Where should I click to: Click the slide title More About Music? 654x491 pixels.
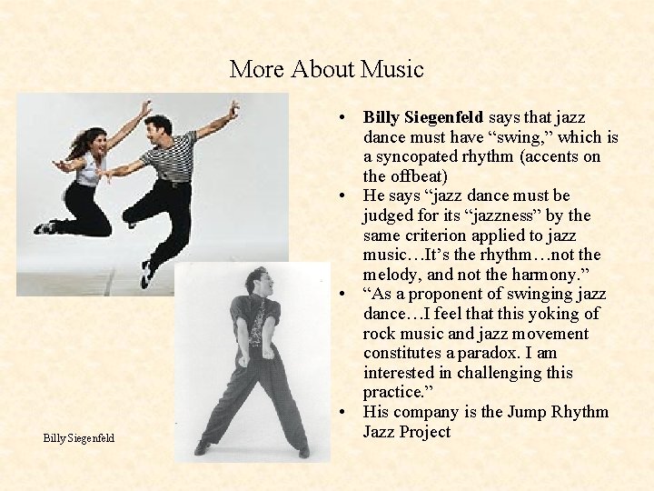326,69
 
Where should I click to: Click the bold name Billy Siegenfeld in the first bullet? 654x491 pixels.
423,117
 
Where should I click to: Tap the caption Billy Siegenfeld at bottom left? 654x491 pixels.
79,438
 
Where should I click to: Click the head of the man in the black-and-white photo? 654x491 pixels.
256,281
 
